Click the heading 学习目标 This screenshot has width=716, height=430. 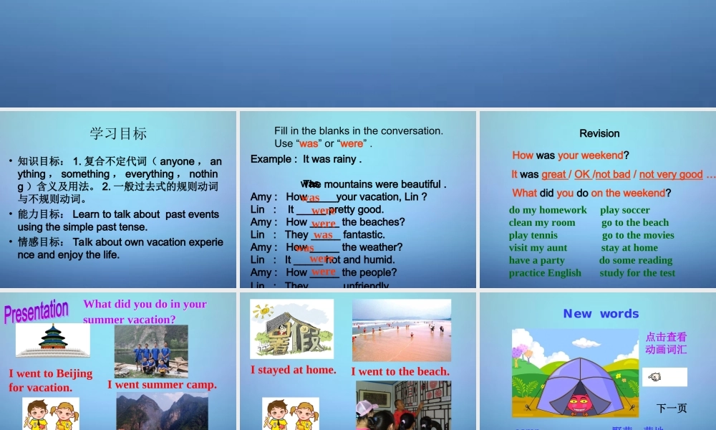point(118,133)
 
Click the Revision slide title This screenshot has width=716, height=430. point(599,133)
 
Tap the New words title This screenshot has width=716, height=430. point(601,313)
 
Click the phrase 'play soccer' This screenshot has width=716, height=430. point(625,210)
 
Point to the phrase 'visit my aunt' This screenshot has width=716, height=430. point(538,248)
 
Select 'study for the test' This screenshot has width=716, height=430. point(637,273)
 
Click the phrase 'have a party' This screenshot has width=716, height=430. point(536,260)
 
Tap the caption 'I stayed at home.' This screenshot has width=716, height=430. point(293,370)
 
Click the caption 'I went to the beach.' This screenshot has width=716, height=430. point(400,371)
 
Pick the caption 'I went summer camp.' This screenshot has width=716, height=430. point(162,385)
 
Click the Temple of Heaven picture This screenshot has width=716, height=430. point(53,340)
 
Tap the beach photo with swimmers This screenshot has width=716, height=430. point(401,330)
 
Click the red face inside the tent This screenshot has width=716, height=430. point(577,403)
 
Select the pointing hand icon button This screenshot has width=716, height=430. point(664,377)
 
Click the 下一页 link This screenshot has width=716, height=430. point(671,408)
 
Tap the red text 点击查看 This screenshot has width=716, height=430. point(666,337)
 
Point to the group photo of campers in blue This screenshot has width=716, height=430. point(151,351)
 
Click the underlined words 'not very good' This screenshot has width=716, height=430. point(671,174)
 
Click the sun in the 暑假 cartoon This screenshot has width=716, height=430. point(263,312)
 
